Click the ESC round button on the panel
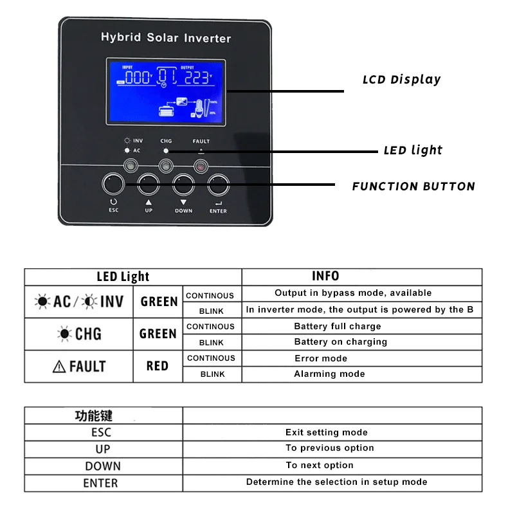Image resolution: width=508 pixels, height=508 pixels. point(114,185)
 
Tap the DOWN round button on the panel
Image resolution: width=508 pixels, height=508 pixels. point(183,185)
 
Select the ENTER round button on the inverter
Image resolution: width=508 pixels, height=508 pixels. point(218,185)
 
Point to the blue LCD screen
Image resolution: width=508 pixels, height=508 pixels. point(165,92)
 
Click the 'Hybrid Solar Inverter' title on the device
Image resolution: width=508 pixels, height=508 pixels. point(165,38)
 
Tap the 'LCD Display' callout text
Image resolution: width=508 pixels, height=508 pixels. point(402,80)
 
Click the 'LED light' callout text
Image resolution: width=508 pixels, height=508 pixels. point(413,150)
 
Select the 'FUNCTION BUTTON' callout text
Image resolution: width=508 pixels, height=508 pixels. point(413,187)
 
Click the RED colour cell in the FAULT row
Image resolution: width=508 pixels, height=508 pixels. point(158,366)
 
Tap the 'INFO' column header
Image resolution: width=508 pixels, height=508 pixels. point(325,277)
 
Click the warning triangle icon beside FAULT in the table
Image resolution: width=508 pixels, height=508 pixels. point(59,367)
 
